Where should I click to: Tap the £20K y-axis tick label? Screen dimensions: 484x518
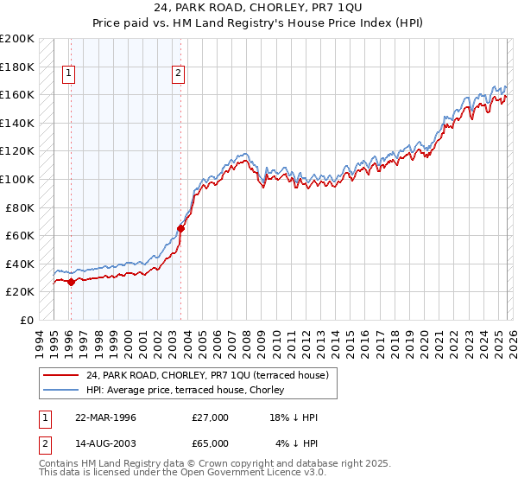point(20,292)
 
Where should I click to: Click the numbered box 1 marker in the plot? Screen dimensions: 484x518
point(68,74)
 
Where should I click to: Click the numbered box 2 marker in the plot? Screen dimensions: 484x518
point(178,74)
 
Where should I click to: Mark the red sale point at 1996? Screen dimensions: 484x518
point(71,282)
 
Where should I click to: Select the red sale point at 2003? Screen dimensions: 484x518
point(180,229)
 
